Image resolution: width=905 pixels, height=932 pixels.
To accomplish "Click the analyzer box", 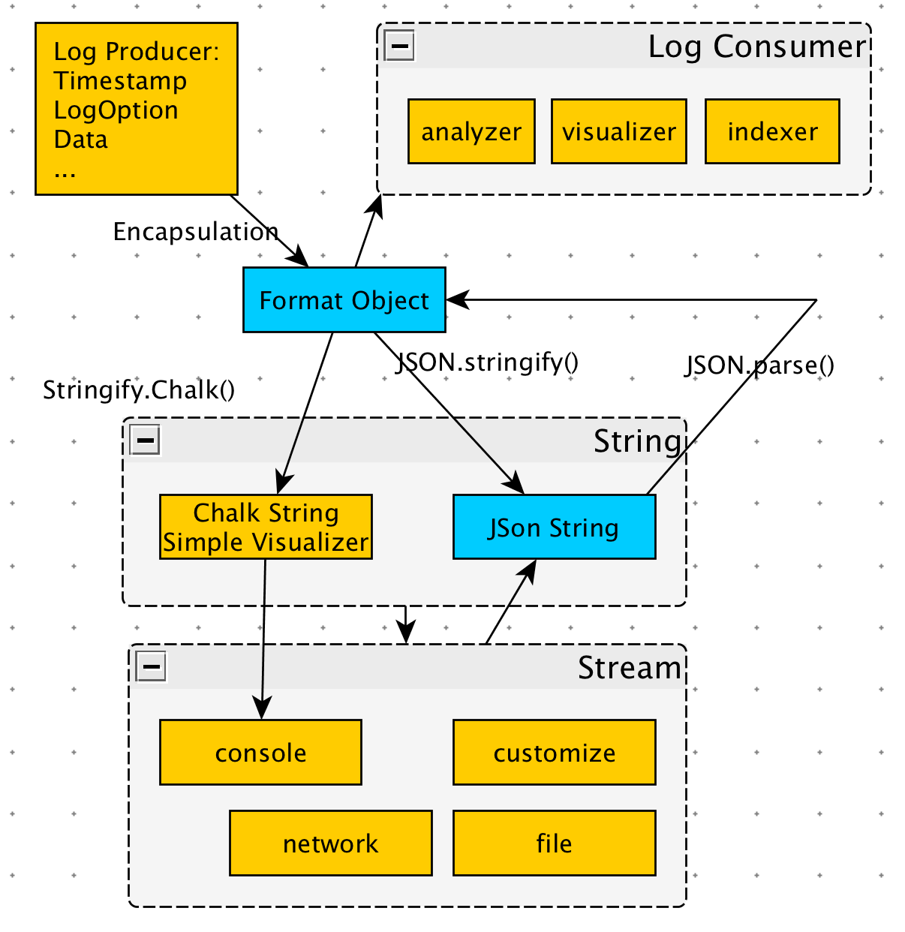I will pos(471,131).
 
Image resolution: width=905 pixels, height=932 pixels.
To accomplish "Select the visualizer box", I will pos(618,131).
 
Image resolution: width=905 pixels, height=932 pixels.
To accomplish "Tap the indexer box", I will pos(772,131).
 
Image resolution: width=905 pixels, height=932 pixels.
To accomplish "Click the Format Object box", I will pos(344,300).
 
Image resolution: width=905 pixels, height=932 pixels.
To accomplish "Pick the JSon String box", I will pos(554,528).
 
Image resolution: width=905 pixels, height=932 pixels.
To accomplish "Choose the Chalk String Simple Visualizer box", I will pos(266,527).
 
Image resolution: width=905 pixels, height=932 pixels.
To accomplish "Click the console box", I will pos(260,753).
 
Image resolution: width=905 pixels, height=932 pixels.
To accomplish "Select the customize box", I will pos(554,753).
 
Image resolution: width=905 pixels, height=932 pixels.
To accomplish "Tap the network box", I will pos(330,843).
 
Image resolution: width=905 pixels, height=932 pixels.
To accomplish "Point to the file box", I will pos(554,843).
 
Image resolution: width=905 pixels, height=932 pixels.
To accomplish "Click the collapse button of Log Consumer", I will pos(399,46).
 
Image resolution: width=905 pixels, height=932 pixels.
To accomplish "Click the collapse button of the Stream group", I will pos(151,666).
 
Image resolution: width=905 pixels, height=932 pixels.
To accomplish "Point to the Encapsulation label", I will pos(195,232).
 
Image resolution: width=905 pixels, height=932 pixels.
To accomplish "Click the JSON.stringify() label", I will pos(488,362).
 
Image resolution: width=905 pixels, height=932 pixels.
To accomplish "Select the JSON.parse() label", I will pos(759,365).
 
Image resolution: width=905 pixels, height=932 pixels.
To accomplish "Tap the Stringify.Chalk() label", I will pos(139,390).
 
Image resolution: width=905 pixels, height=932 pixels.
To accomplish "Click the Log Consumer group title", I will pos(756,47).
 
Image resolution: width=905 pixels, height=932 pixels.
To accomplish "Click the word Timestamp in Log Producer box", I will pos(120,81).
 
